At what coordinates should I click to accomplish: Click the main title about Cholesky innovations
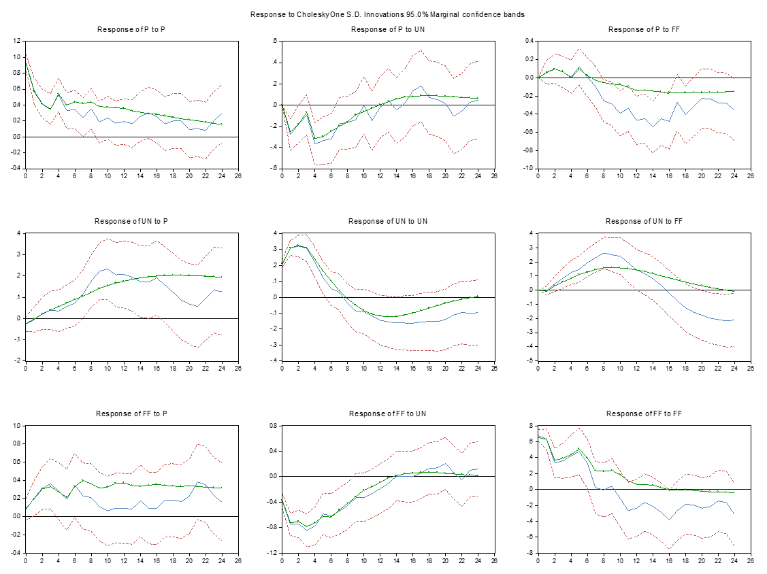[387, 14]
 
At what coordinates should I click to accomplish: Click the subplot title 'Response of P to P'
[131, 29]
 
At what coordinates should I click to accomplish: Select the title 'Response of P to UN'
[387, 29]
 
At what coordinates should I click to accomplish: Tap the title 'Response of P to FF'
[644, 29]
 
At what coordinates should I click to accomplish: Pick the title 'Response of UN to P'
[131, 221]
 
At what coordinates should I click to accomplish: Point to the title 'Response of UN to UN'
[387, 221]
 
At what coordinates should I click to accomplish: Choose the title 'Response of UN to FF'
[644, 221]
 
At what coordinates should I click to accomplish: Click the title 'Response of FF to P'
[131, 413]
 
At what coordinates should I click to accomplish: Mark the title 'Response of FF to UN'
[387, 413]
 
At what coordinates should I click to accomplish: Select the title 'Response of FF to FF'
[644, 413]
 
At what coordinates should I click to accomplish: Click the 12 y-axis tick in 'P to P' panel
[16, 41]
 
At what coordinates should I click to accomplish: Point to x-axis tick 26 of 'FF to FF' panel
[751, 560]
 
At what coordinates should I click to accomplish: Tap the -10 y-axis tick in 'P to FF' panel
[527, 168]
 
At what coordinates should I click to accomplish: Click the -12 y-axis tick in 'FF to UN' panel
[272, 552]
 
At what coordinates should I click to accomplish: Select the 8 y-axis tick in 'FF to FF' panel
[530, 426]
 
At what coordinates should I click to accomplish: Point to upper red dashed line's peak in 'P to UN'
[421, 50]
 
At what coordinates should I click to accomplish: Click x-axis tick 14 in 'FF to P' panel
[140, 560]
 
